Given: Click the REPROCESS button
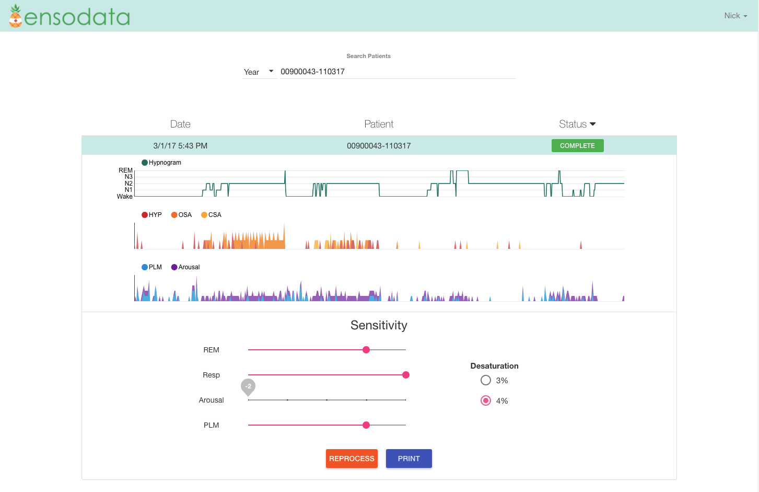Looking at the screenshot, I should tap(352, 459).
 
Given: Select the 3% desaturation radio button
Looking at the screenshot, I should tap(486, 381).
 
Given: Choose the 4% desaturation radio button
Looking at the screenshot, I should tap(486, 401).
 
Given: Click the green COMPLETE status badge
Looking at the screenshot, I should tap(577, 146).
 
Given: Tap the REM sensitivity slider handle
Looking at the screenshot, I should tap(366, 350).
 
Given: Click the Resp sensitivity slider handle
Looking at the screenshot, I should tap(406, 375).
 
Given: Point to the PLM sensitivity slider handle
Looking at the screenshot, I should tap(366, 425).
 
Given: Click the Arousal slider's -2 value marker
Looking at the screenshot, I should tap(248, 387).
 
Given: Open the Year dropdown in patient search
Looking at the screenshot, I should tap(259, 72).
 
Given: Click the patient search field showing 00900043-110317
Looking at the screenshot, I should tap(397, 72).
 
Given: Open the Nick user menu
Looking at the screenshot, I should tap(735, 16).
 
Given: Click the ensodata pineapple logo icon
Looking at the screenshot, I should tap(16, 16).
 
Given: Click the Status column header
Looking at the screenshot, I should tap(577, 124).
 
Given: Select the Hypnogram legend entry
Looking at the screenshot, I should tap(161, 163).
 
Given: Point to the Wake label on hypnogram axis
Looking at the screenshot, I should tap(124, 197).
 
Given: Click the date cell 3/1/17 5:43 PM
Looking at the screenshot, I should tap(180, 146).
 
